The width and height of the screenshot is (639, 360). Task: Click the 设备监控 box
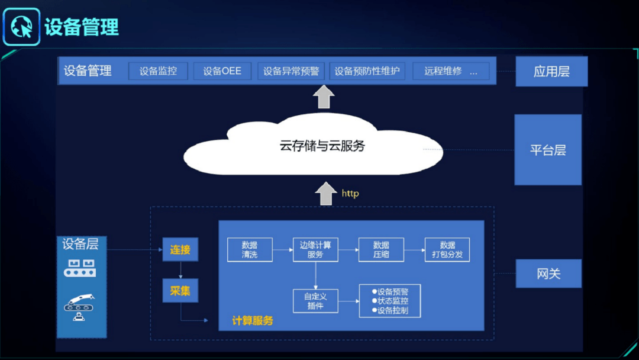[x=158, y=71]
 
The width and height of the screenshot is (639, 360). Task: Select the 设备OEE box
[x=222, y=71]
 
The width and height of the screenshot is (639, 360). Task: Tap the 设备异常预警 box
[x=291, y=71]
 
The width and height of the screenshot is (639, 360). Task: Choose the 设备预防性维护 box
[x=367, y=71]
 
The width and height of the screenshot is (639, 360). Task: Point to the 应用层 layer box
[x=551, y=72]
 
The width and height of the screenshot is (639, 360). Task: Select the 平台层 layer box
[x=548, y=150]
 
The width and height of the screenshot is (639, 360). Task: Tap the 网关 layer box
[x=548, y=274]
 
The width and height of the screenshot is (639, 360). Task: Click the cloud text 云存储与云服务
[x=322, y=146]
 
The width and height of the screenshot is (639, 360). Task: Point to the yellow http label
[x=350, y=194]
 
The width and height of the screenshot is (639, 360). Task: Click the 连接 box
[x=180, y=250]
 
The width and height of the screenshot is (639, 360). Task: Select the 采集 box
[x=180, y=291]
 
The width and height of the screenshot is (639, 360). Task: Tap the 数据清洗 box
[x=250, y=250]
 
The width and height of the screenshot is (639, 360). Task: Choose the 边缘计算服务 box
[x=315, y=250]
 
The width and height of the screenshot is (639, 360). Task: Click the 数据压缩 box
[x=381, y=250]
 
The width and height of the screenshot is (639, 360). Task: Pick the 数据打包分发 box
[x=447, y=250]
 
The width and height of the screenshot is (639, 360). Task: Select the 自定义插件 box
[x=315, y=301]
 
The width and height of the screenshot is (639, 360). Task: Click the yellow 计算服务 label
[x=253, y=321]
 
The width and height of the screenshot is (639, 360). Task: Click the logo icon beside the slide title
[x=21, y=26]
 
